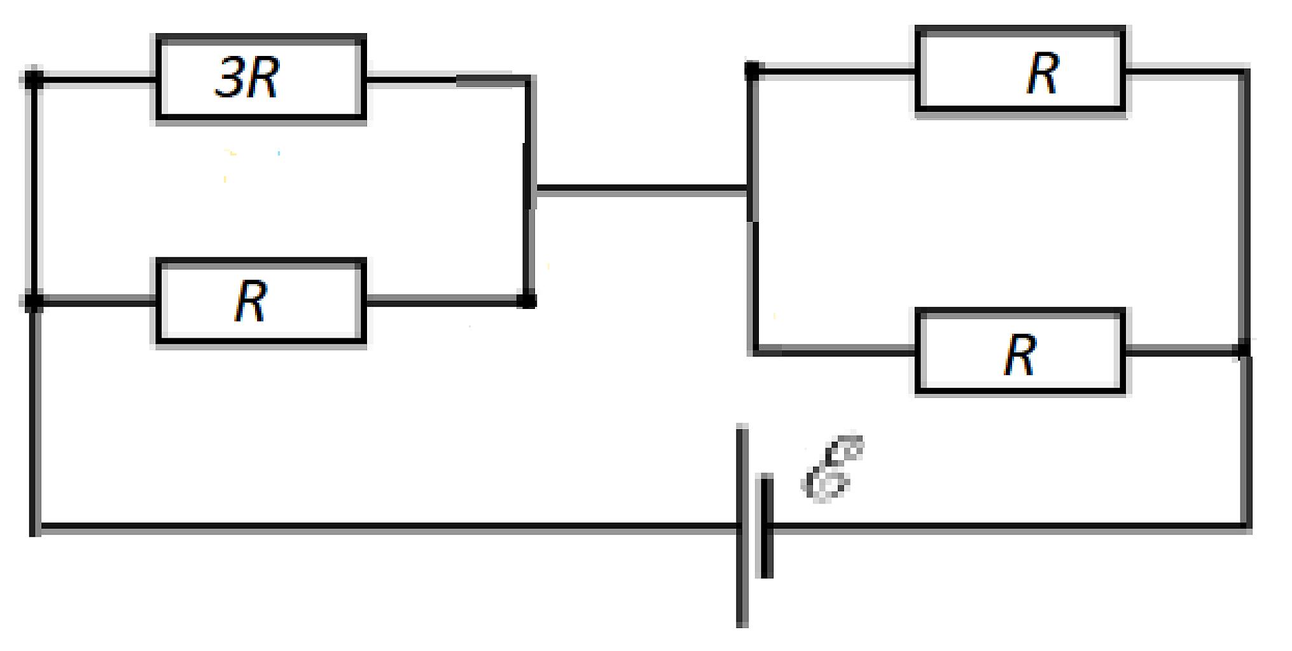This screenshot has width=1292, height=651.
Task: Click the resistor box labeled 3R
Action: pyautogui.click(x=261, y=78)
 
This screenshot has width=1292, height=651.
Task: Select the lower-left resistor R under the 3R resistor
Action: pyautogui.click(x=261, y=301)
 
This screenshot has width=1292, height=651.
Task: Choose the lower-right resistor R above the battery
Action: pyautogui.click(x=1020, y=352)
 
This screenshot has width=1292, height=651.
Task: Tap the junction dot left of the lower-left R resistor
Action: pyautogui.click(x=34, y=301)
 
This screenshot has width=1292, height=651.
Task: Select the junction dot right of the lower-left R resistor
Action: pyautogui.click(x=527, y=301)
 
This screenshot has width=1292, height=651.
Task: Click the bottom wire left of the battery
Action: pyautogui.click(x=386, y=527)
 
